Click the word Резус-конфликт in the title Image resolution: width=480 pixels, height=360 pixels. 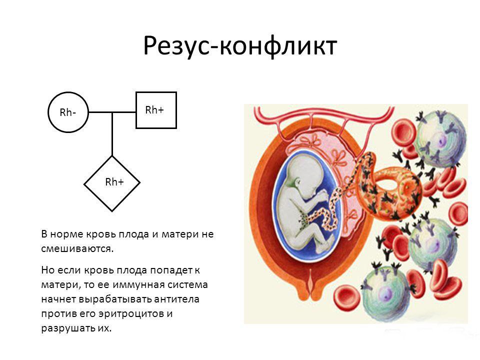coord(240,46)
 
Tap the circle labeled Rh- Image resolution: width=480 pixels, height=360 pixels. coord(67,112)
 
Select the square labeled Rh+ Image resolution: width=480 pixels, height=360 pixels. coord(156,110)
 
